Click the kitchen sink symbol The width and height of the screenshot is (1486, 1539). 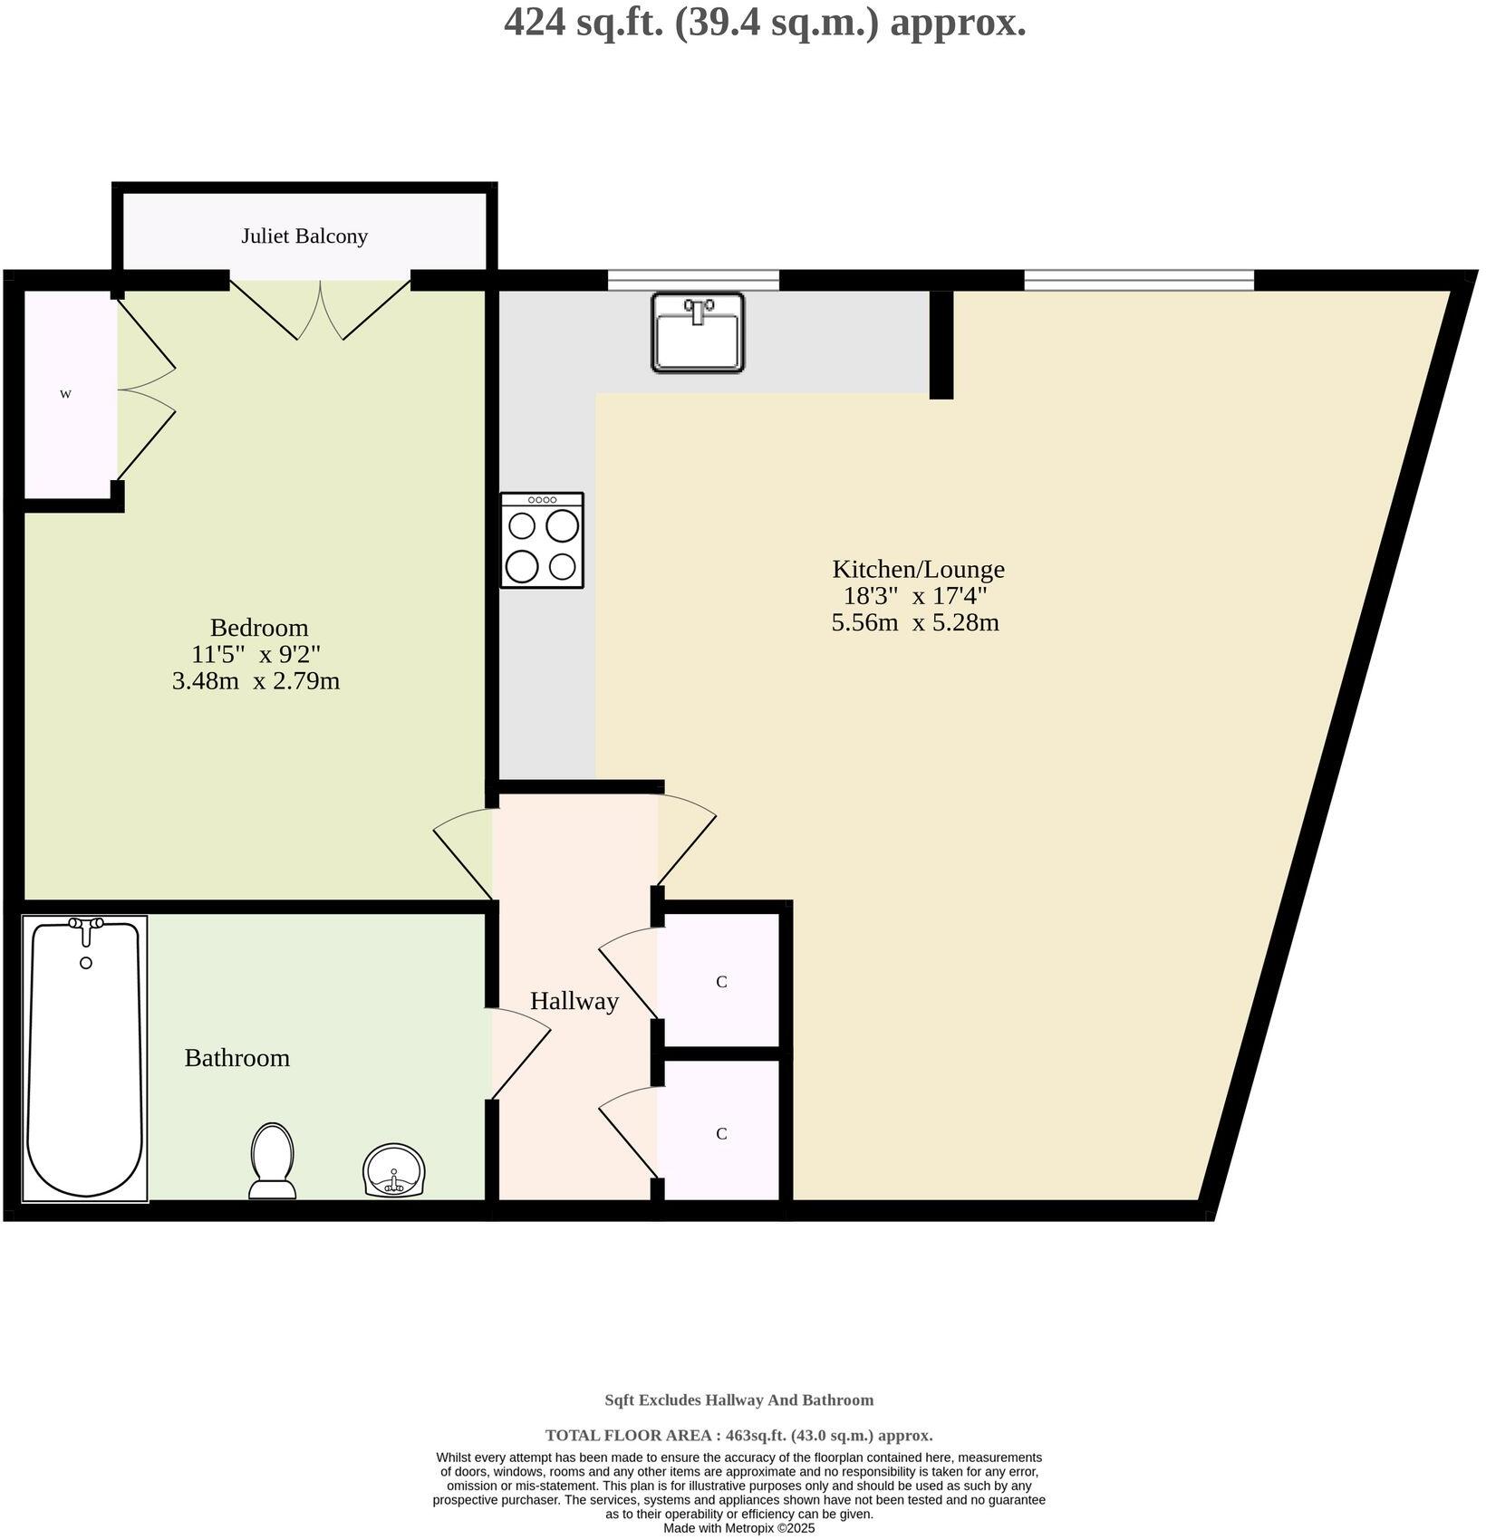697,332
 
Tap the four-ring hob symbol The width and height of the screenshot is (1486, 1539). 542,541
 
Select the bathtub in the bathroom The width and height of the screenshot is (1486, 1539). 85,1058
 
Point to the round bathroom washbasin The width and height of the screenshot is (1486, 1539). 394,1170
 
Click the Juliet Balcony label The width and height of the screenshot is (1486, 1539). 304,236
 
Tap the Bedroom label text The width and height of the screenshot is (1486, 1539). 259,627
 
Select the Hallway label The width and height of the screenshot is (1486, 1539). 574,1001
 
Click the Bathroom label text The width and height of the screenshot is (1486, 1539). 236,1057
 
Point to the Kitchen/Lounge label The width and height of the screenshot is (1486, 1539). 918,569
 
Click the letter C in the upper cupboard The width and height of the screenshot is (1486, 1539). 721,982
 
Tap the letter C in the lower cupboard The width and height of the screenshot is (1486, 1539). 721,1134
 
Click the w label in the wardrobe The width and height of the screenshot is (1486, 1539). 65,394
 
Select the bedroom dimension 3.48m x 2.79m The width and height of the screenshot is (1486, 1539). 256,681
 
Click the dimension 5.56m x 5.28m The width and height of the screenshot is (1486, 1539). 915,623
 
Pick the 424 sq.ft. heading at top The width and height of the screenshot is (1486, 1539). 765,23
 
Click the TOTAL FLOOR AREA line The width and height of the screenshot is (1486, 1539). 738,1435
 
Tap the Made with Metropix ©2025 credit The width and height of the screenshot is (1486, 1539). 738,1528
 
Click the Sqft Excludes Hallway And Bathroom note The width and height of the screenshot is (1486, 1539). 738,1400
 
